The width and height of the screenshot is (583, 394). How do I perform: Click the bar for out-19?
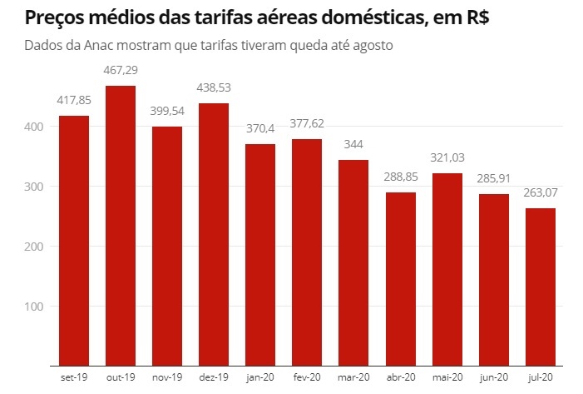(121, 225)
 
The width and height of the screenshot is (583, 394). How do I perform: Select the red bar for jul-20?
(540, 287)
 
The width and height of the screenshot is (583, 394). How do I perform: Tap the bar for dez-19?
(214, 234)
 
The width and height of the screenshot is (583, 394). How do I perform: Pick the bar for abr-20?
(400, 279)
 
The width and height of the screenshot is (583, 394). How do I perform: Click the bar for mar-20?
(353, 262)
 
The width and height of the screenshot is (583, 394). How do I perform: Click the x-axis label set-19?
(74, 377)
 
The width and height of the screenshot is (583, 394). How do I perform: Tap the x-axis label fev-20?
(307, 377)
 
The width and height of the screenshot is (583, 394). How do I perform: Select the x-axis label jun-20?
(493, 377)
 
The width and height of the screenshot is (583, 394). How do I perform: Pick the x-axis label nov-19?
(167, 377)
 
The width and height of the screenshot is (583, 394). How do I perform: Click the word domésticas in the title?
(366, 17)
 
